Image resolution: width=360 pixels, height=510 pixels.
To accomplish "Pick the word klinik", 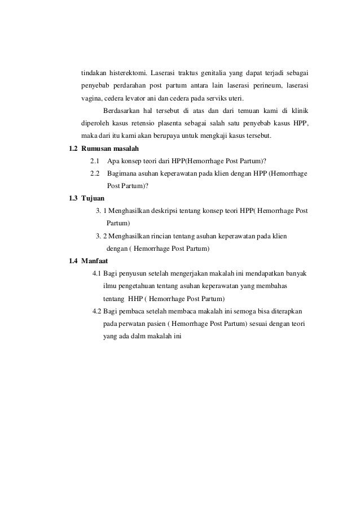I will tap(299, 111).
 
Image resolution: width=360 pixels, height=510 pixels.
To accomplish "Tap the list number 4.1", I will tap(96, 273).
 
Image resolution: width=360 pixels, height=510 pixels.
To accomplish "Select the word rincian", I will tap(162, 236).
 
